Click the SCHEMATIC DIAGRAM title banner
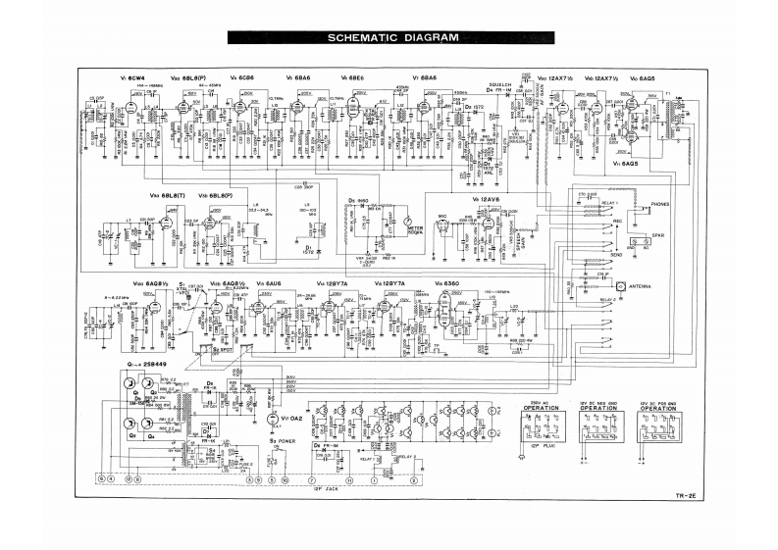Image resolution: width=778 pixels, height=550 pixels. (389, 38)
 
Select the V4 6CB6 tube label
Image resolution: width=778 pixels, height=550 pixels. (242, 77)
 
